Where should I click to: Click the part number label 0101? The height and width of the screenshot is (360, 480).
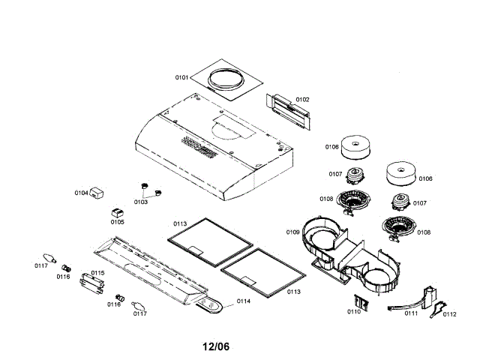(183, 76)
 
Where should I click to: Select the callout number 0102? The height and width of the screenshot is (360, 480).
(302, 99)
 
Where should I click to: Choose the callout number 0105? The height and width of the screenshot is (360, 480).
(117, 221)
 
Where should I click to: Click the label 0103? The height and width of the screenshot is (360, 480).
(140, 202)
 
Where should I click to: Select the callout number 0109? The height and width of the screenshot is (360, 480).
(292, 232)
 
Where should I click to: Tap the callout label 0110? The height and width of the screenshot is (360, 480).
(353, 311)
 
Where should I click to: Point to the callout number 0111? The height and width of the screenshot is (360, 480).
(412, 313)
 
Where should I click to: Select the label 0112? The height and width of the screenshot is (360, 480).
(449, 314)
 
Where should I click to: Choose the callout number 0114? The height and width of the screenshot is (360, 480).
(244, 301)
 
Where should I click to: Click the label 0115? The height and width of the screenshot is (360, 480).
(97, 273)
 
